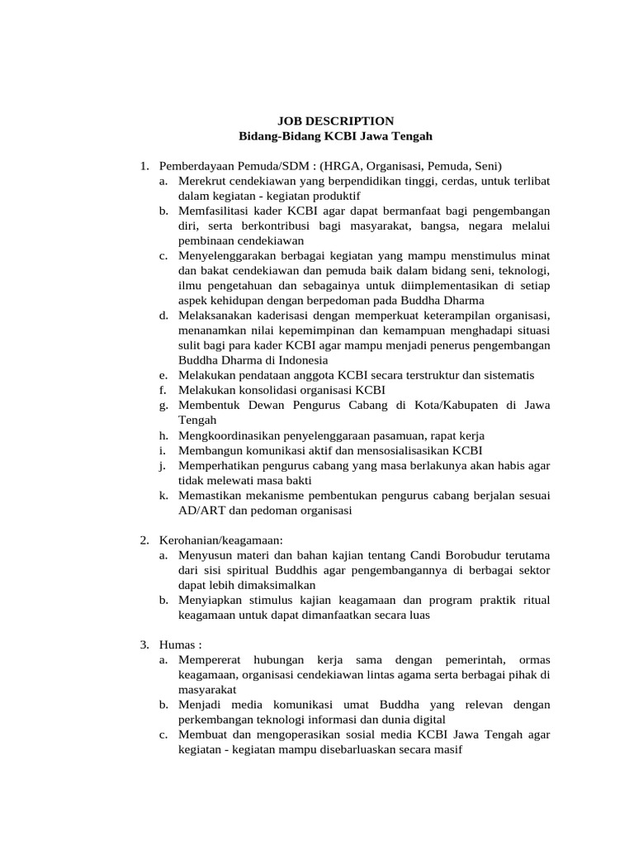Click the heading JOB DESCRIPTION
(x=334, y=121)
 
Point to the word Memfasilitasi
(x=215, y=211)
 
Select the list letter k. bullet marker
(x=164, y=495)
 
